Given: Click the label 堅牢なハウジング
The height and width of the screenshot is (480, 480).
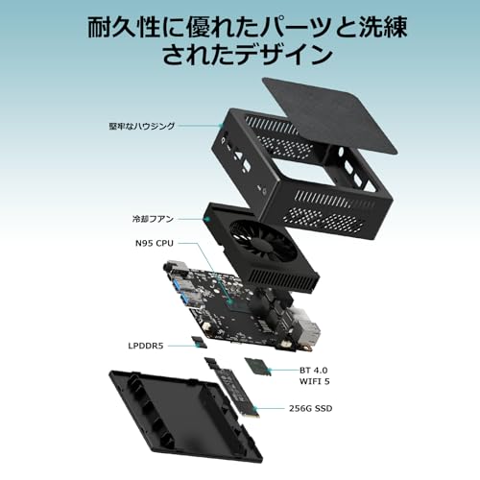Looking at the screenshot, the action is point(142,126).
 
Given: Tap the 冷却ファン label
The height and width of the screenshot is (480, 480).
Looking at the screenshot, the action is point(153,219).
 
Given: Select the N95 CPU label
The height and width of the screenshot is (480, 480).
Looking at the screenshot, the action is point(155,243).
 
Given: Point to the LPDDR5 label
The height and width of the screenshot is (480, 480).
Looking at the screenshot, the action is point(146,346).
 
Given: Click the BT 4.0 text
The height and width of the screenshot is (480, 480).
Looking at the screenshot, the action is point(314,371).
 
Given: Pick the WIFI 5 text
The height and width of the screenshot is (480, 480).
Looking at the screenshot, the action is point(315,381).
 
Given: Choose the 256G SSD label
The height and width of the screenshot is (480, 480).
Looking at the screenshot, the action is point(311,408).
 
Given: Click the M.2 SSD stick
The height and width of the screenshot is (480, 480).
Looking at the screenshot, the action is point(232,387).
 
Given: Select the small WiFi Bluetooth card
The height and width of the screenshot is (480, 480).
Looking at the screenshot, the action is point(258,366).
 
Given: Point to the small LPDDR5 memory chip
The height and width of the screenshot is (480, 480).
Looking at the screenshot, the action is point(199,343).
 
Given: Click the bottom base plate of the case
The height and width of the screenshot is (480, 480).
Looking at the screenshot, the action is point(185,416).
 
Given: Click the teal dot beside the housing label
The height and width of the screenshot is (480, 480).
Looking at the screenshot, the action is point(220,126).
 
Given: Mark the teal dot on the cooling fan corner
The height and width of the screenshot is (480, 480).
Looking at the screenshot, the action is point(206,219).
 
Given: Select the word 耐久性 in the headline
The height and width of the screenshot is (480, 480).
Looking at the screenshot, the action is point(123,28).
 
